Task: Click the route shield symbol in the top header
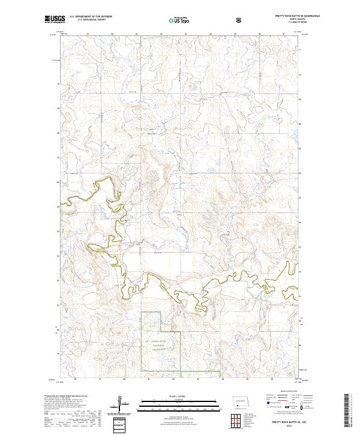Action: (240, 20)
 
